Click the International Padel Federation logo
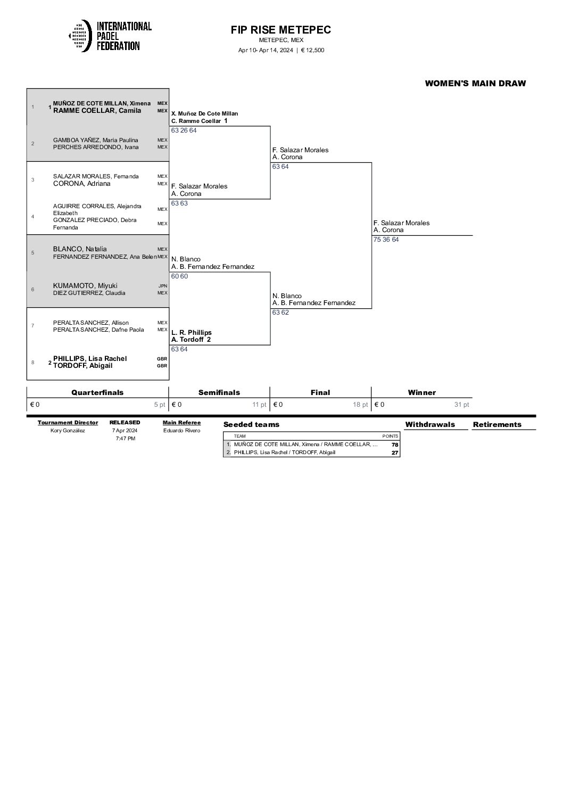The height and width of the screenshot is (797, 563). click(x=110, y=36)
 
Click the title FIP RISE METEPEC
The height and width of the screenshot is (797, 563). click(x=280, y=30)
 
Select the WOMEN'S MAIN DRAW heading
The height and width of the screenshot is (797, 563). click(x=475, y=83)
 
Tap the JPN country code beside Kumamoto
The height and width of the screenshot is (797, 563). click(x=162, y=286)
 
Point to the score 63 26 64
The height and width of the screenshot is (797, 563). click(x=184, y=130)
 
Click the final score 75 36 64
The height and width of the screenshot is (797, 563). click(x=386, y=240)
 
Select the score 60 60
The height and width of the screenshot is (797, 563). click(x=179, y=276)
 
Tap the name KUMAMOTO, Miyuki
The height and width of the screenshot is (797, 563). click(x=85, y=285)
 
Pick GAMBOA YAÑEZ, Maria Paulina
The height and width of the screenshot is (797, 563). click(x=95, y=140)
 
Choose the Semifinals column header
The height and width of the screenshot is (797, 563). click(x=219, y=392)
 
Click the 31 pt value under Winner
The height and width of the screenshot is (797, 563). click(x=461, y=405)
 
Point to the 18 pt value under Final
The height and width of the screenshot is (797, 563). click(x=360, y=405)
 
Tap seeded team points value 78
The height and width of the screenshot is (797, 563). click(x=394, y=445)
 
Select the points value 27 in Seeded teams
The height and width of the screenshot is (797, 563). click(x=394, y=453)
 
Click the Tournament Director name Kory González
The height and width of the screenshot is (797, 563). click(x=68, y=431)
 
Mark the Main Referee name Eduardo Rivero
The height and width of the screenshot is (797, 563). click(x=181, y=431)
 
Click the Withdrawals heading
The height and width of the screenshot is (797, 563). click(x=430, y=424)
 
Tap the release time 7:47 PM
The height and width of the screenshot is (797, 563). click(x=125, y=439)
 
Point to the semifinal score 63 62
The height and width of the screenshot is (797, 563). click(x=280, y=313)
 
